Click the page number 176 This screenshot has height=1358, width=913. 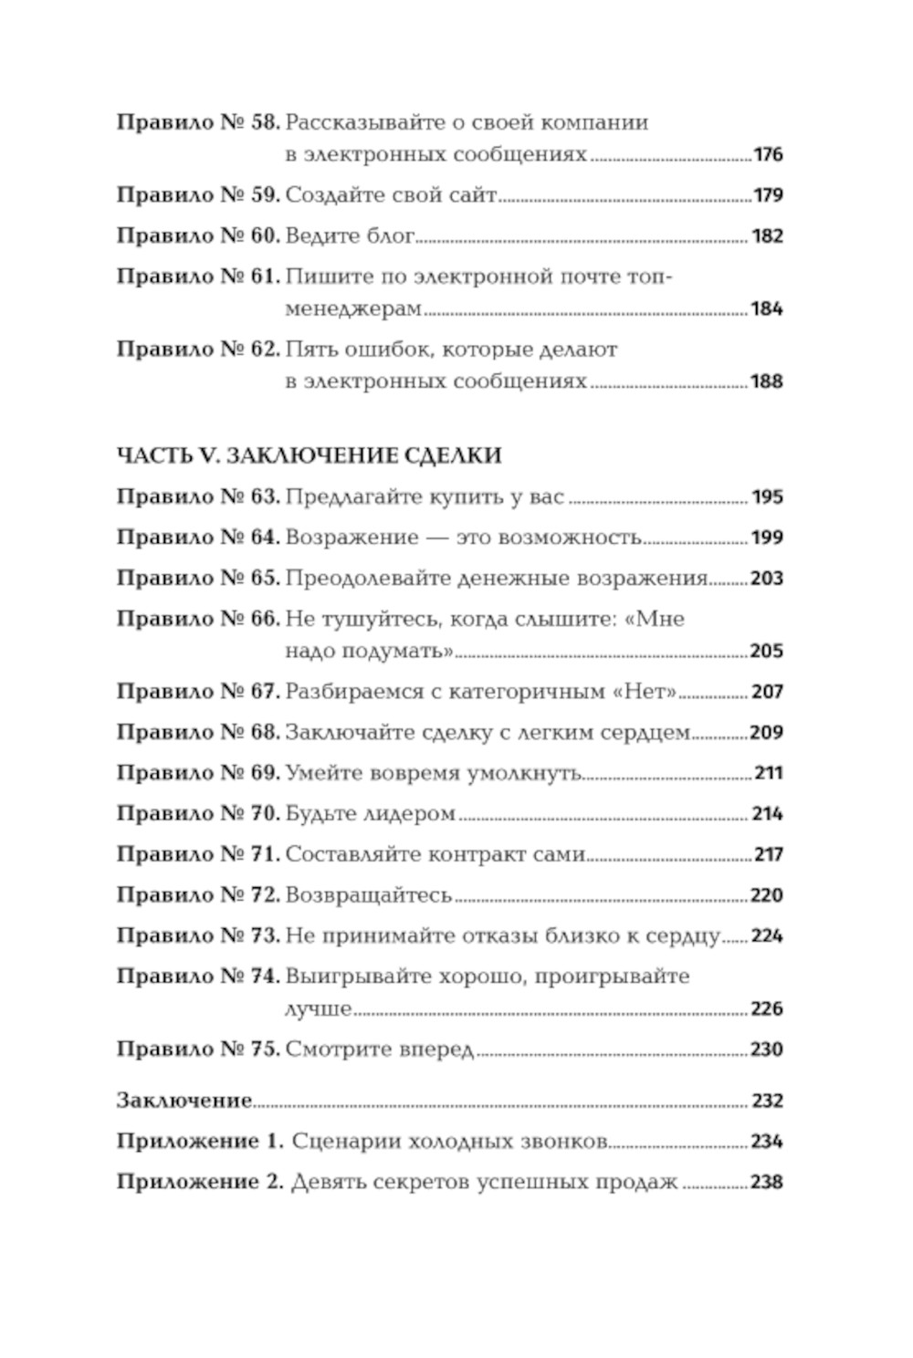click(x=768, y=155)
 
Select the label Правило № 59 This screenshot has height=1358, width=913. click(x=197, y=195)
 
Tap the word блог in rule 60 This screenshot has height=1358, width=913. click(x=390, y=236)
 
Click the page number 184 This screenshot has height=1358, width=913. click(x=767, y=309)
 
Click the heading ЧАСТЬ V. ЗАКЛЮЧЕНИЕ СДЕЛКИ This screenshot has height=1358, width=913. click(x=310, y=455)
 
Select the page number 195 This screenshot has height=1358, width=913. click(x=767, y=498)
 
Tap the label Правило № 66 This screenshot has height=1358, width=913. click(x=197, y=620)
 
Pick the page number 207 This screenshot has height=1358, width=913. click(x=767, y=693)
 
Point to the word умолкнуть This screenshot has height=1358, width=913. click(x=526, y=774)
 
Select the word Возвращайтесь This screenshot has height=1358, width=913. click(x=369, y=895)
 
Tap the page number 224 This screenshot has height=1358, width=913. click(x=767, y=936)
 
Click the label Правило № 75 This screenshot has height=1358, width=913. click(x=197, y=1050)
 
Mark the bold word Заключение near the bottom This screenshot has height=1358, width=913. click(x=184, y=1101)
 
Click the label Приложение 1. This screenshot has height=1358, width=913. click(x=201, y=1142)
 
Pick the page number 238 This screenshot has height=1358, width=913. click(x=767, y=1183)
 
